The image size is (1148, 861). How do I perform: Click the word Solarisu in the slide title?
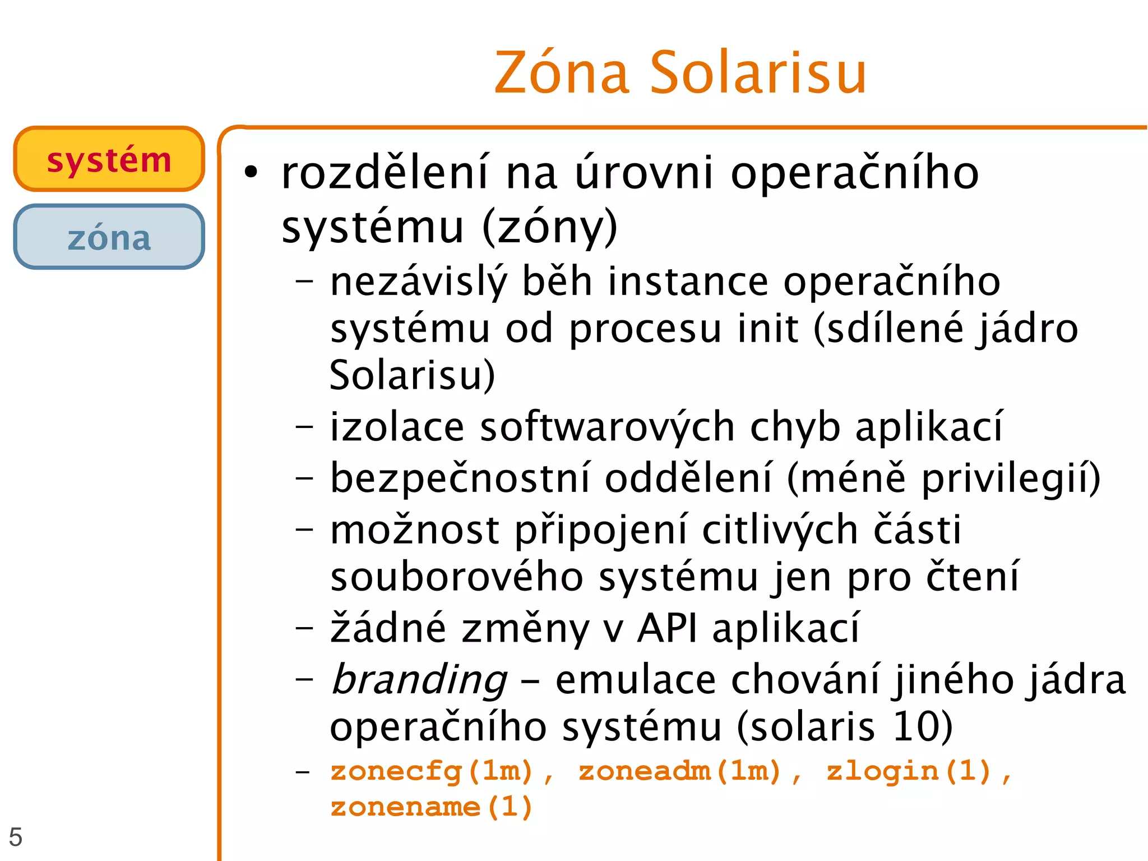758,73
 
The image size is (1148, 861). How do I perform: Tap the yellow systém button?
109,159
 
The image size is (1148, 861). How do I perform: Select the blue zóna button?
109,237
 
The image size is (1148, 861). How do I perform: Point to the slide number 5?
16,837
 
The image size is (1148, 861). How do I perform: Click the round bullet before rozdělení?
251,173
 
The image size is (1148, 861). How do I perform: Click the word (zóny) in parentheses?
549,227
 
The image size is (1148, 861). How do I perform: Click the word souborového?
457,577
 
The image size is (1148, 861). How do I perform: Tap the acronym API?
666,628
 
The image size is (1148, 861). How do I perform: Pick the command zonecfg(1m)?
432,771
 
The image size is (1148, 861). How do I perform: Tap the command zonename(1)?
431,807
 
